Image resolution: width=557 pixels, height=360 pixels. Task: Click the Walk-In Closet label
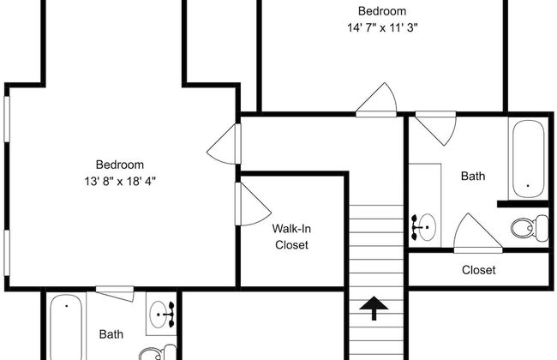point(291,237)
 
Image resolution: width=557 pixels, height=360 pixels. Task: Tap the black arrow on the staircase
point(374,308)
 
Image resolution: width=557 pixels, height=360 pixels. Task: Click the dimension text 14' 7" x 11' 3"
point(382,27)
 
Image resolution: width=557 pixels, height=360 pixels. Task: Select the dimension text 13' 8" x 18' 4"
point(120,181)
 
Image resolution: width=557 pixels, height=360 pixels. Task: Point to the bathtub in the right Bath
point(528,159)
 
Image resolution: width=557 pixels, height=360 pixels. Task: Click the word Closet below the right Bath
point(478,270)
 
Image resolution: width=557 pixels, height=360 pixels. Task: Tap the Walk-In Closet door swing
point(253,204)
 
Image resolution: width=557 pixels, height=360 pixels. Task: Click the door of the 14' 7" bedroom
point(376,100)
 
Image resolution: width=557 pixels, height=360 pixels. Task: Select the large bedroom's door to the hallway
point(224,144)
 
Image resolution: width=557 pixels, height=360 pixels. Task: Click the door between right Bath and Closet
point(478,233)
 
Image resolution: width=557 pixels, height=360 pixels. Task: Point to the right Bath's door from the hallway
point(435,129)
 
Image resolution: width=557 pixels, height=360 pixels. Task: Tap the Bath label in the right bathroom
point(473,176)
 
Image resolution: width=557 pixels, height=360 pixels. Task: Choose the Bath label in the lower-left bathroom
point(111,334)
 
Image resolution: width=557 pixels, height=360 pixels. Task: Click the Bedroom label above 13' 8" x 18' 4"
point(120,165)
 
